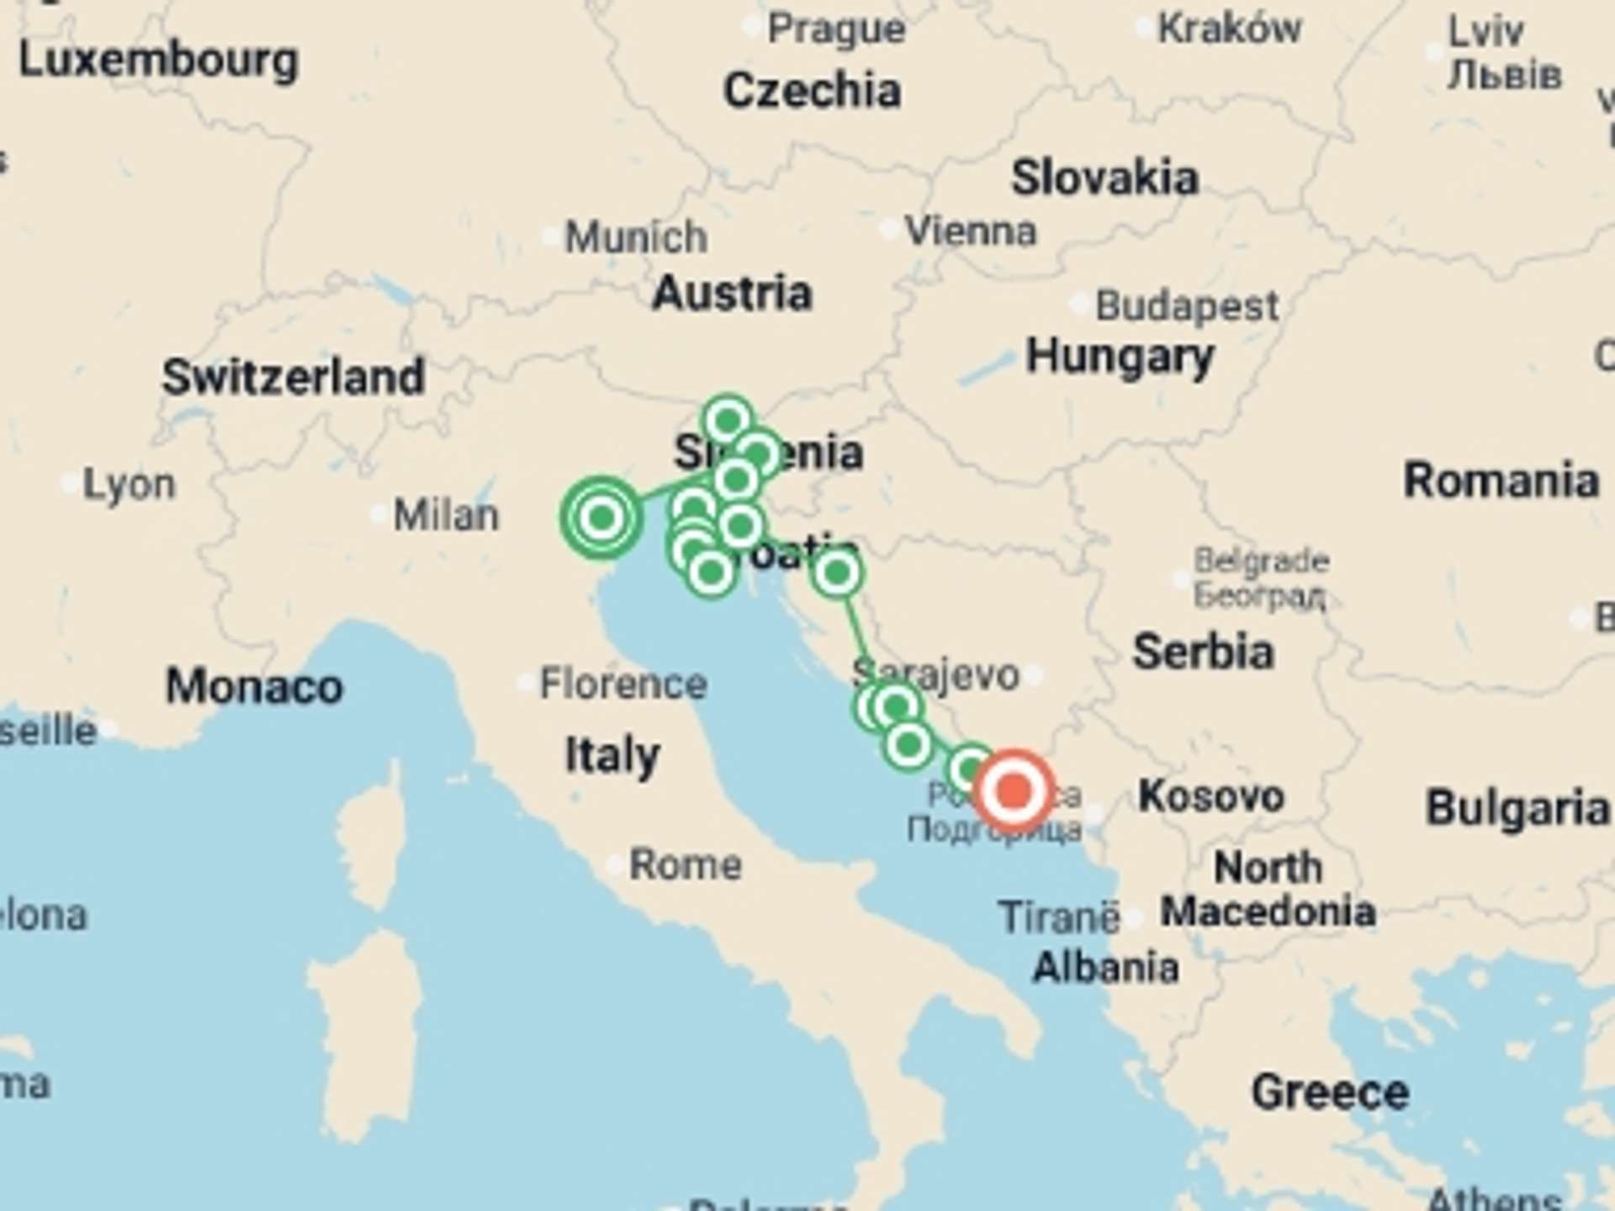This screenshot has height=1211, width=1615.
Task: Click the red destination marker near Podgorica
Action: pyautogui.click(x=1014, y=791)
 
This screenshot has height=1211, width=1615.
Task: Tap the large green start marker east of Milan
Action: pyautogui.click(x=601, y=517)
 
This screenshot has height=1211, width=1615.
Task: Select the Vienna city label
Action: pyautogui.click(x=970, y=230)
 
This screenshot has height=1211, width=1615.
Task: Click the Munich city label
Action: pyautogui.click(x=635, y=237)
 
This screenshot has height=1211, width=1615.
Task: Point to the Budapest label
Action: pyautogui.click(x=1186, y=305)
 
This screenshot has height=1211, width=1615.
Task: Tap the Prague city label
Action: pyautogui.click(x=836, y=29)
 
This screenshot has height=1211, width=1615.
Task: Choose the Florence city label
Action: pyautogui.click(x=622, y=683)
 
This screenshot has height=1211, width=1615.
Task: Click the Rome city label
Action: pyautogui.click(x=685, y=864)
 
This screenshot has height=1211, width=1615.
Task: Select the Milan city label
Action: pyautogui.click(x=446, y=515)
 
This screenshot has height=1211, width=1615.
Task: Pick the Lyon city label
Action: pyautogui.click(x=129, y=484)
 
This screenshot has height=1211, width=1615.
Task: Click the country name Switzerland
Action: pyautogui.click(x=293, y=376)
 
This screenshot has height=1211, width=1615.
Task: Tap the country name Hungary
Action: pyautogui.click(x=1120, y=356)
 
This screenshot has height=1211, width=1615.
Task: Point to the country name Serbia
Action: pyautogui.click(x=1203, y=652)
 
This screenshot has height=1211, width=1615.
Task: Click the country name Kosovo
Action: pyautogui.click(x=1210, y=796)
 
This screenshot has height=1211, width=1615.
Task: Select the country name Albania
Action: pyautogui.click(x=1105, y=968)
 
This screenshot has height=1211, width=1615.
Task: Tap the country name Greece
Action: pyautogui.click(x=1330, y=1092)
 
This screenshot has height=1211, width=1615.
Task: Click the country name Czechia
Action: pyautogui.click(x=812, y=90)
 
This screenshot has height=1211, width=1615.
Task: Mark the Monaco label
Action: pyautogui.click(x=254, y=686)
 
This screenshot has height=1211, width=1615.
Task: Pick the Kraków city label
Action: pyautogui.click(x=1229, y=29)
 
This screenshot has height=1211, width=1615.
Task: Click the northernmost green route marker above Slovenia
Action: pyautogui.click(x=728, y=419)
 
